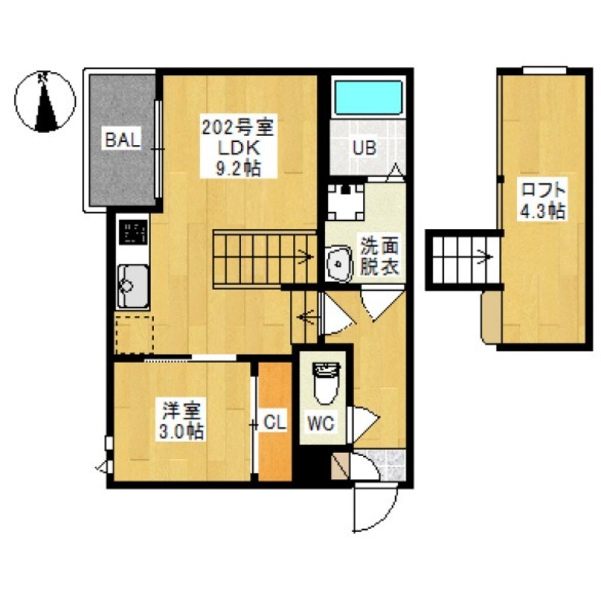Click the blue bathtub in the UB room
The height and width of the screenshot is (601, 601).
coord(368,98)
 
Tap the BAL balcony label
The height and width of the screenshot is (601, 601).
coord(122,140)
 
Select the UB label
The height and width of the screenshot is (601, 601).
coord(364,148)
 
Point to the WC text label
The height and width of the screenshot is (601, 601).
coord(322,423)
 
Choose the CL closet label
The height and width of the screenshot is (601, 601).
coord(275,423)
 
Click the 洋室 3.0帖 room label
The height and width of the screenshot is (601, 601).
coord(182,421)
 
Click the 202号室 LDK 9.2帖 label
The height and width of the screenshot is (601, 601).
coord(238,147)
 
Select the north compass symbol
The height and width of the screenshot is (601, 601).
coord(45,101)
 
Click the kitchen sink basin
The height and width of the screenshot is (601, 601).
coord(133,285)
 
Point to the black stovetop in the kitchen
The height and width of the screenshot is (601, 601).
coord(133,232)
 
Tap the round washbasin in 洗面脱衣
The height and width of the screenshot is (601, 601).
coord(339,264)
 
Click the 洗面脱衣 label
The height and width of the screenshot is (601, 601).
coord(379,257)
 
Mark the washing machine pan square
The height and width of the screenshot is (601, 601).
coord(346,202)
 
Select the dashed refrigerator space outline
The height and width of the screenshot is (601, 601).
coord(134,334)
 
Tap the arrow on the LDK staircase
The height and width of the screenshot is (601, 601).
coord(306,255)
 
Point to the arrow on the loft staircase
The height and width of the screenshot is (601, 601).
coord(485,255)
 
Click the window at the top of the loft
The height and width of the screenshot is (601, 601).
coord(545,71)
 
